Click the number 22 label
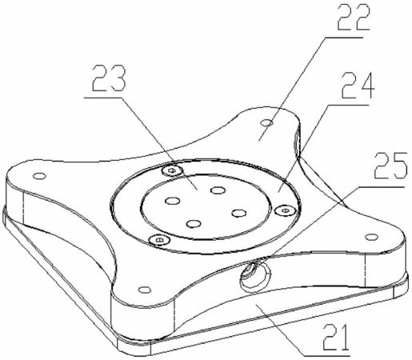click(354, 18)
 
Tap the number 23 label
click(109, 78)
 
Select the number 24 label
click(358, 85)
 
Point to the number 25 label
click(390, 166)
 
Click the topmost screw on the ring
click(172, 170)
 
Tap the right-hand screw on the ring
click(285, 210)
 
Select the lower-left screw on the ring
click(159, 239)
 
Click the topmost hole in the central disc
click(218, 190)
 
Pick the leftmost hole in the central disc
click(173, 201)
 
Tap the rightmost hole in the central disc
click(239, 213)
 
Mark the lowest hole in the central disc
click(194, 223)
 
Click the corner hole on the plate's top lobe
click(266, 123)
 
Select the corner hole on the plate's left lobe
click(39, 176)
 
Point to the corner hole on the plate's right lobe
click(371, 237)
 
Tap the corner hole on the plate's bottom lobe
click(145, 290)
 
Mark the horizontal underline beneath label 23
click(104, 98)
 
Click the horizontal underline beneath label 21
click(327, 355)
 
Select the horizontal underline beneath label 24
click(348, 105)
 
